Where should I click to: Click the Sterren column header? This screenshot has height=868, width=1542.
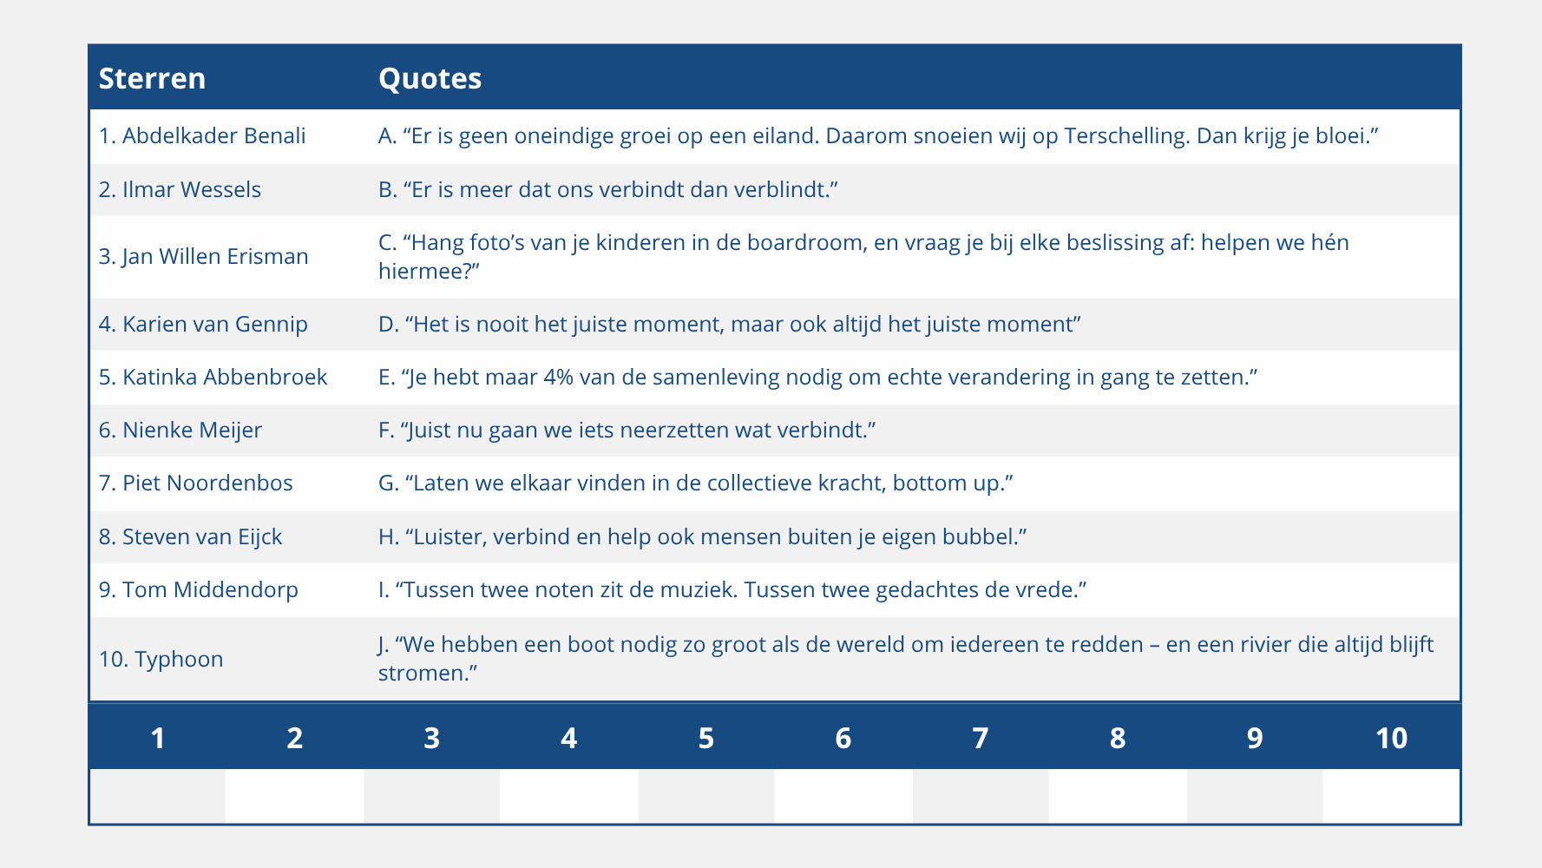152,78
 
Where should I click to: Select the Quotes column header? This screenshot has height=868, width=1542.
430,78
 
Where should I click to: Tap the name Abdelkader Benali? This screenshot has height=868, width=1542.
213,135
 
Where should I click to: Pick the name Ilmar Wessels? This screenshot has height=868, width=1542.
191,189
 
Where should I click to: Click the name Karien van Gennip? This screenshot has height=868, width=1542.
214,324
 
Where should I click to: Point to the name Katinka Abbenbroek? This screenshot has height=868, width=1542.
225,377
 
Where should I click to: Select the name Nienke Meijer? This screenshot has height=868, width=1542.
192,430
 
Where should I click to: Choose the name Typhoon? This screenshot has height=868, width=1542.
179,659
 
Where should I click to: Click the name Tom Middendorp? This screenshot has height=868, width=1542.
210,589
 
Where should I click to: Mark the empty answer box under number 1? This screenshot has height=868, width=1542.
158,796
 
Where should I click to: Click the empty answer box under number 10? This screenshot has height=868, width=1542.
1391,796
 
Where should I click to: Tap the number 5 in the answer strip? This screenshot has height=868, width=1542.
706,738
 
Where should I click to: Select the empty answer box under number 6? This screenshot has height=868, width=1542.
843,796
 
